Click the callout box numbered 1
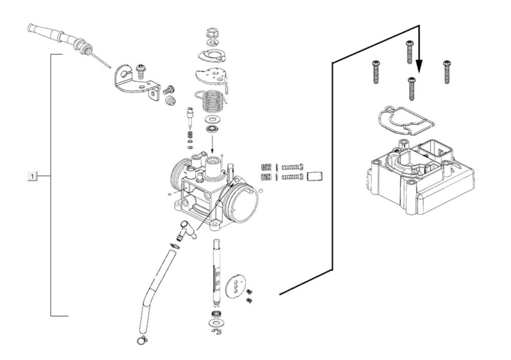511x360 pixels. tap(32, 176)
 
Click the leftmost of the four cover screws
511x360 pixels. tap(376, 72)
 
